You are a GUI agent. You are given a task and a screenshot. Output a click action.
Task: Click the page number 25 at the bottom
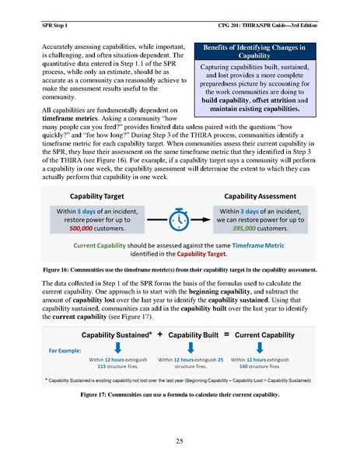(x=180, y=441)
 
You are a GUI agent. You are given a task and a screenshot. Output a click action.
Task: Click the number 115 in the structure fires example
(x=101, y=366)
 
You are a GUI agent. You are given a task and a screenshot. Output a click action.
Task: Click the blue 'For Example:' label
(x=66, y=350)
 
